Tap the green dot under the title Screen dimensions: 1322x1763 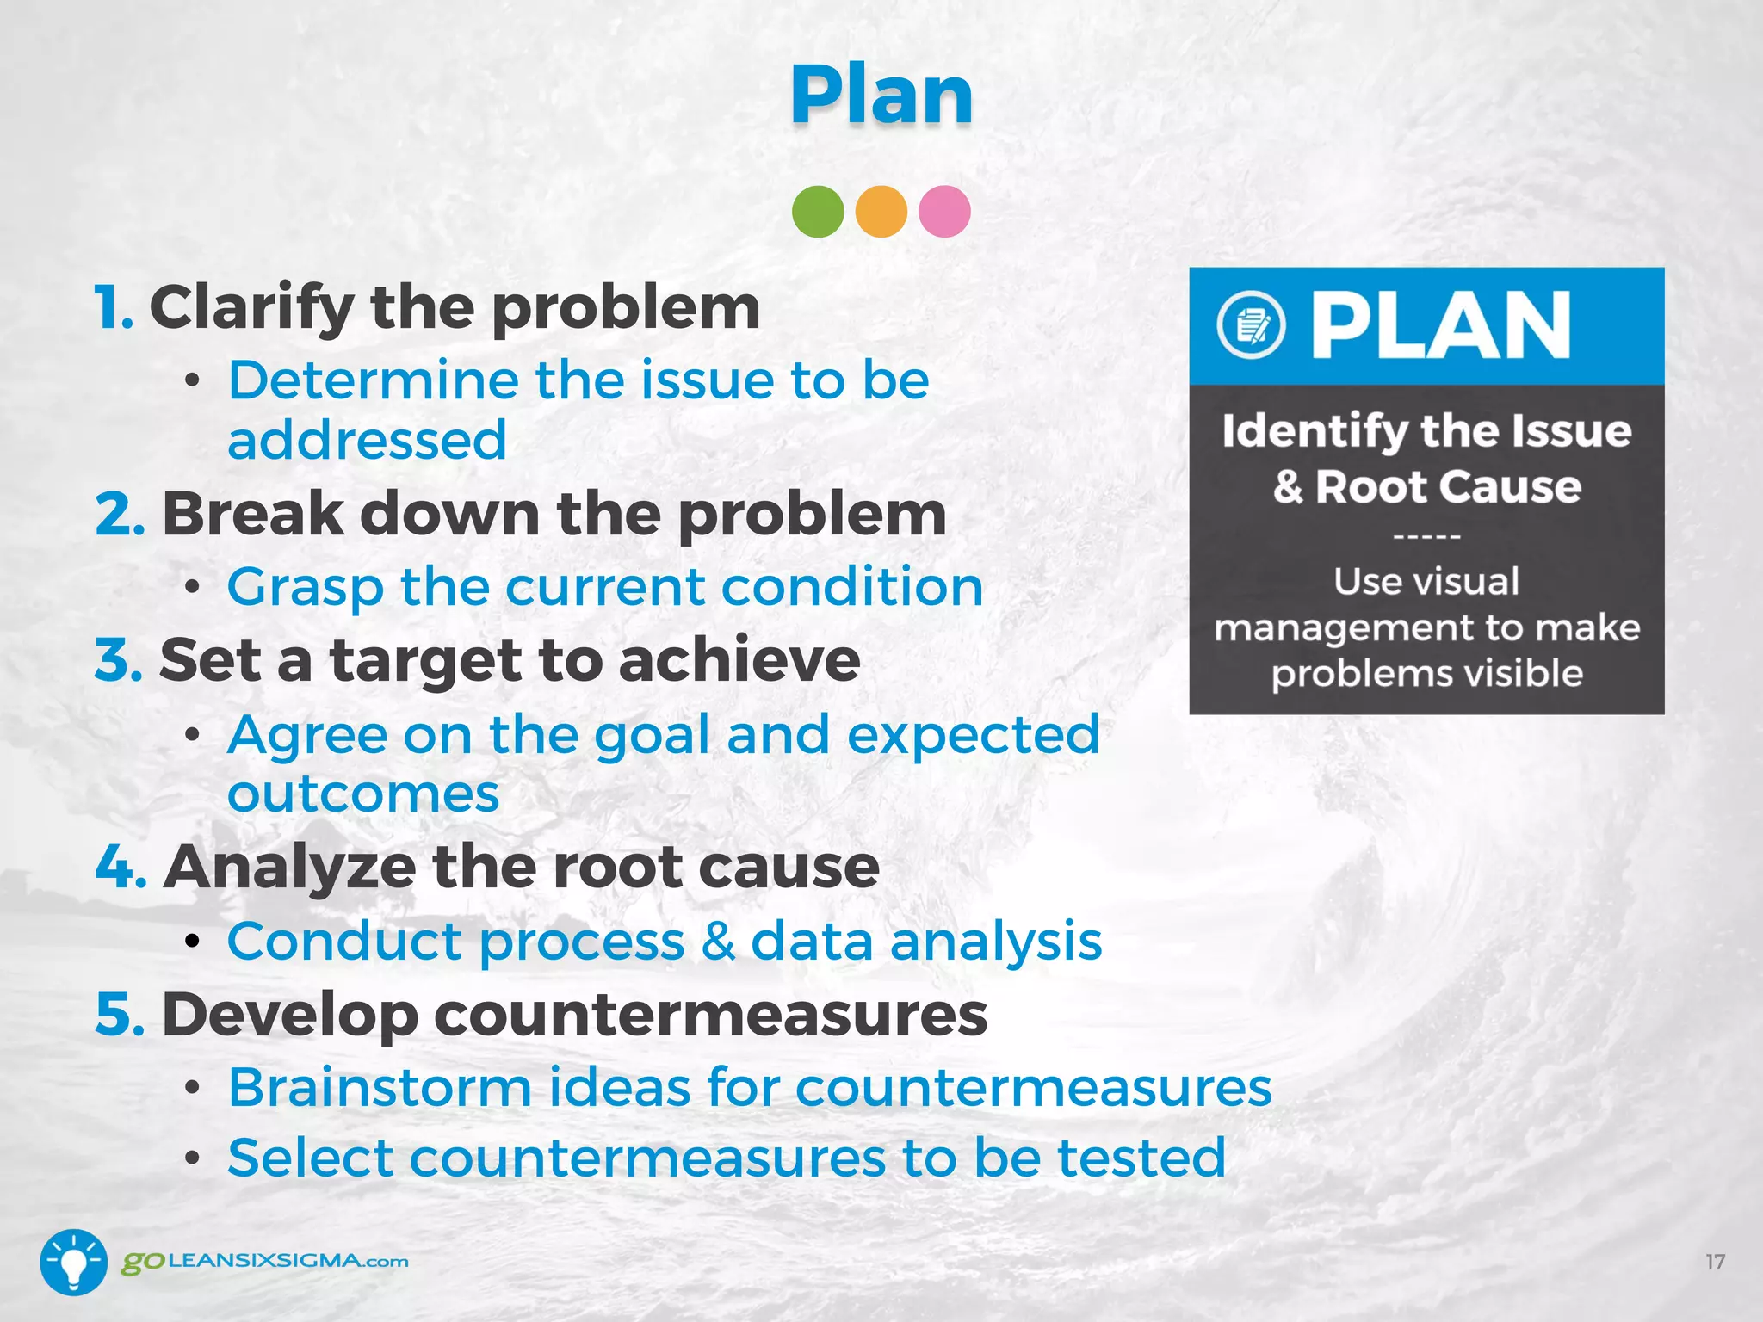pos(818,212)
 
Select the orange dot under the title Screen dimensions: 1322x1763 pos(881,212)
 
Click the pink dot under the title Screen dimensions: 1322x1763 pos(944,212)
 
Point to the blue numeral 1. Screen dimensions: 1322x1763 pos(113,307)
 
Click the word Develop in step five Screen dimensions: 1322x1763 pos(289,1015)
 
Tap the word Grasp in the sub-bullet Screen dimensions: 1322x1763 pos(305,588)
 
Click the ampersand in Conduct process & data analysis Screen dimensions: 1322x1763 pos(718,941)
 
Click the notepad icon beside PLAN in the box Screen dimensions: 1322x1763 pos(1252,325)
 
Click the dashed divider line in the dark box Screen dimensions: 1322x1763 pos(1426,536)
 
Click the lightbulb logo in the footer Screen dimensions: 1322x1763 pos(74,1262)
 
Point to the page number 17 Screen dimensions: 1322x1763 pos(1715,1262)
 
